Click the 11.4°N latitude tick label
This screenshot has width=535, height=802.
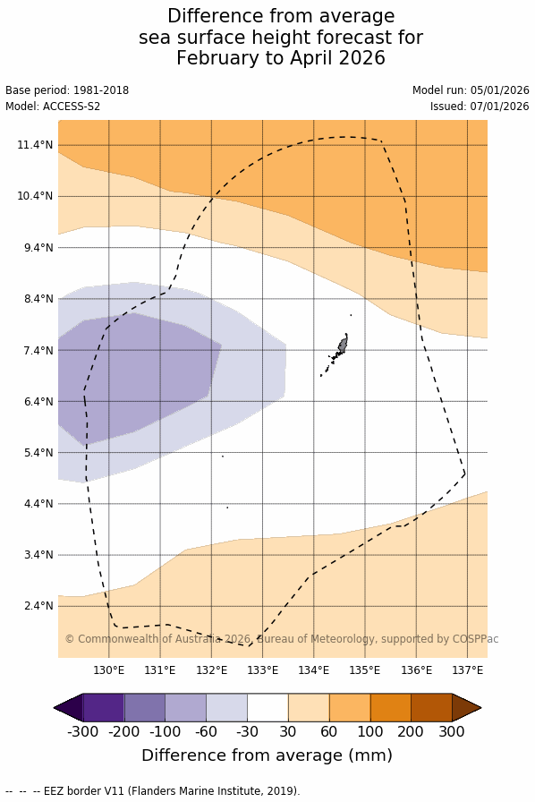coord(35,145)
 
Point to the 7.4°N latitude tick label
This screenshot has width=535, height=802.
coord(38,350)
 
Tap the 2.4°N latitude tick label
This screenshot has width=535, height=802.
coord(38,606)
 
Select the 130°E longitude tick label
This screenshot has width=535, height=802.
coord(109,670)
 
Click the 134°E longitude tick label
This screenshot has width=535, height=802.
coord(313,670)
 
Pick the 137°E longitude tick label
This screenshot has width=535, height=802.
coord(468,670)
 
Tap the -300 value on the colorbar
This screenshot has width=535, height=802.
coord(83,731)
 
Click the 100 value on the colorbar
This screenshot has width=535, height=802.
coord(369,731)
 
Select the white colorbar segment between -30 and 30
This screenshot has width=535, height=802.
coord(267,707)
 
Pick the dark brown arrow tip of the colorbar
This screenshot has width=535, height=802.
coord(466,707)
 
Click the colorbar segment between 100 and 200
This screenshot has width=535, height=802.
coord(391,707)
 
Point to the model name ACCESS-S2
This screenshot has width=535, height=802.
coord(72,107)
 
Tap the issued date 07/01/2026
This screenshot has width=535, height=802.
coord(499,107)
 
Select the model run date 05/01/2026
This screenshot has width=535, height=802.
coord(499,90)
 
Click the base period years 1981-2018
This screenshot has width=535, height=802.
coord(101,90)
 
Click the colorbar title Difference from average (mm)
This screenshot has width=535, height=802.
coord(267,755)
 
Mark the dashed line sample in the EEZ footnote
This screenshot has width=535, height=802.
coord(22,791)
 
